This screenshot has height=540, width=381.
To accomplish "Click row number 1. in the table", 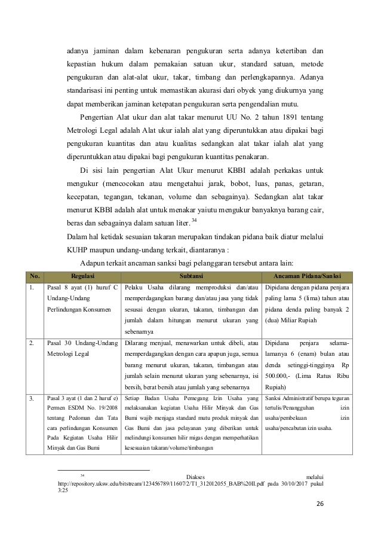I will (32, 288).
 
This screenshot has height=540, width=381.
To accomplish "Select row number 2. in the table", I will (32, 344).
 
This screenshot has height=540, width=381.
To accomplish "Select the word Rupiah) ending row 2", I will (276, 388).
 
